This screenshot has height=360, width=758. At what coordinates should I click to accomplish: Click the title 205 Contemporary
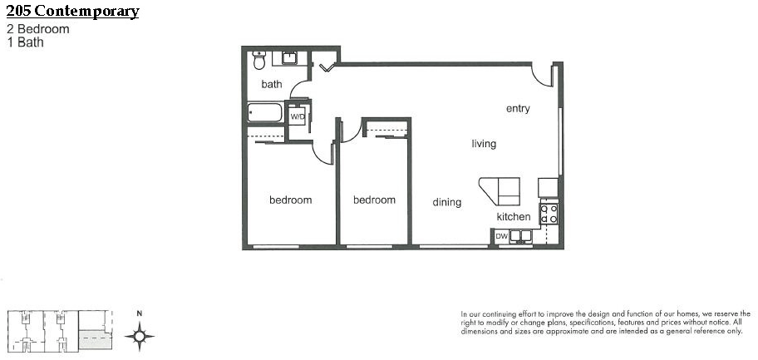72,11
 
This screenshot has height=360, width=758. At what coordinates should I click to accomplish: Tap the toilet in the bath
259,60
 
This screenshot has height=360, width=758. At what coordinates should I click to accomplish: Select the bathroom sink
289,58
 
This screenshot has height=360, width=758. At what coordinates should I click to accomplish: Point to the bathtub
265,112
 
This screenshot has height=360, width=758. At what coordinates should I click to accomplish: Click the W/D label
297,116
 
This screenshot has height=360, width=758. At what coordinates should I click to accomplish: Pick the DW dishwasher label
501,237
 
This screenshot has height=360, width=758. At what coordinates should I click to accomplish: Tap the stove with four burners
549,214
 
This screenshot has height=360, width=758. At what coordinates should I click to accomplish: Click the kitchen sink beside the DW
520,235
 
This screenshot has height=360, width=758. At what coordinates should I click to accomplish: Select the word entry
518,109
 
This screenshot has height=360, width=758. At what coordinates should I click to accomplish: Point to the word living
484,144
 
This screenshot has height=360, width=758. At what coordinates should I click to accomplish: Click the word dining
446,202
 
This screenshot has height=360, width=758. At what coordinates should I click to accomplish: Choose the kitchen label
514,217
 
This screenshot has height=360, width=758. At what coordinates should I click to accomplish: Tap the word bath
272,84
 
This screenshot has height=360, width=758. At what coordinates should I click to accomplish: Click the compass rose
140,335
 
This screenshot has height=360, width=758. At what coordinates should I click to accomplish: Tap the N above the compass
140,313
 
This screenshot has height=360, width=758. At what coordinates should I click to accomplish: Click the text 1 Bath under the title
25,42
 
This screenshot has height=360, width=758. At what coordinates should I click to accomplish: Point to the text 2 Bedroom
38,29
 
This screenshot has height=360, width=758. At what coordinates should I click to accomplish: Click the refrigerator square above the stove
549,188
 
